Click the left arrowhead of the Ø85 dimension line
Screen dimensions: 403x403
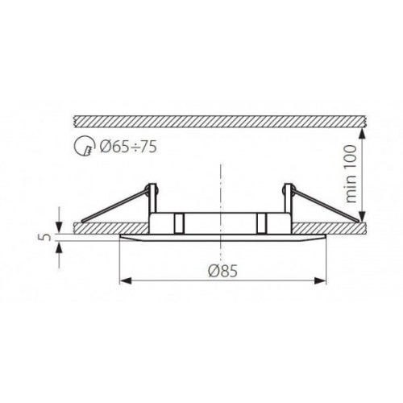123,280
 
